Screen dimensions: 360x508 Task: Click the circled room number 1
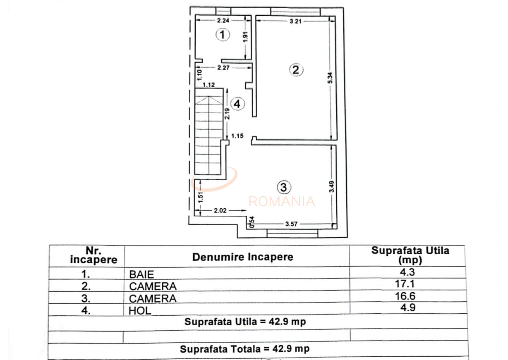[223, 35]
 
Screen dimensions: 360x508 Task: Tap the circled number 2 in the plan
[295, 69]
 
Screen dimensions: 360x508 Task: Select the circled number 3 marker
[283, 187]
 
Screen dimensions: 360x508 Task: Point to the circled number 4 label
[237, 104]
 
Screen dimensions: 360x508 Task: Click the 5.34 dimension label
[330, 79]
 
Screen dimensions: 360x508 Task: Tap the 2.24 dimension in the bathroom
[224, 20]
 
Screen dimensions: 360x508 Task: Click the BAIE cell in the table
[141, 274]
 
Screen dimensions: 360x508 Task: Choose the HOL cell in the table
[140, 310]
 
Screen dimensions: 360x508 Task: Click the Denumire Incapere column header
[242, 257]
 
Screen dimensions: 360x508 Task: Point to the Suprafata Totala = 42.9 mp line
[244, 348]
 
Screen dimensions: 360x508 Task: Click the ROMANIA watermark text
[281, 201]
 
